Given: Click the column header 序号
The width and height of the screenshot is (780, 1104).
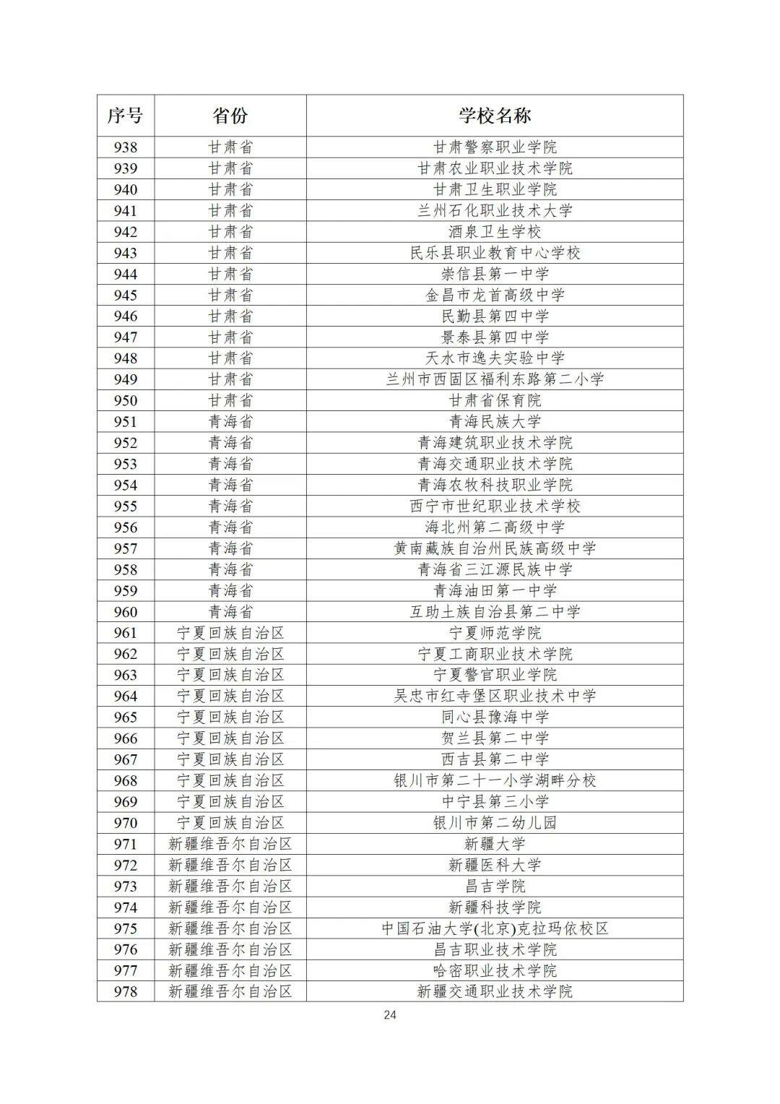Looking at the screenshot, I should click(x=126, y=116).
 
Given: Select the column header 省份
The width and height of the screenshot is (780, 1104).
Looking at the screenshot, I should click(x=230, y=116).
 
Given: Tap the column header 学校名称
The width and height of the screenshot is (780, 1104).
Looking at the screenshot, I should click(x=495, y=116).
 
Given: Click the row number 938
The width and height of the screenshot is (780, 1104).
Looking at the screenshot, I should click(x=126, y=147).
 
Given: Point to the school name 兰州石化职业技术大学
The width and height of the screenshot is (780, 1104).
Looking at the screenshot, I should click(x=495, y=210).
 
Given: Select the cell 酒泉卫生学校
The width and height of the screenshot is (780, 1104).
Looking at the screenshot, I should click(x=495, y=232).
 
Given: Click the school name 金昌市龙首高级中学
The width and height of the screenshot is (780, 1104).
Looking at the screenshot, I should click(x=495, y=295).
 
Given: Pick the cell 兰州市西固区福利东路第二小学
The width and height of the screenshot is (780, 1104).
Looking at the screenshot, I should click(x=495, y=379).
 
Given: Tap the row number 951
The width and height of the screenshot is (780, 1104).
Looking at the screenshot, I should click(x=126, y=421).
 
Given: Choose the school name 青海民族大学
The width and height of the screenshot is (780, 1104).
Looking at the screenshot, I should click(x=495, y=421).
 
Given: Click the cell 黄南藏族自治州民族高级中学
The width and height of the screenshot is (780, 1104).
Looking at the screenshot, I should click(x=495, y=548).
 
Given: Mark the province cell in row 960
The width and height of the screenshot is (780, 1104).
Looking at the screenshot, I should click(x=230, y=611).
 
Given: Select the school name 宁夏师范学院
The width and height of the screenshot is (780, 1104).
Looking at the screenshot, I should click(x=495, y=633).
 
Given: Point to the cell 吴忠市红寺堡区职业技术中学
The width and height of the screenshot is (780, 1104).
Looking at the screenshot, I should click(x=495, y=696).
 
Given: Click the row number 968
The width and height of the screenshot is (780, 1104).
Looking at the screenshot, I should click(x=126, y=780).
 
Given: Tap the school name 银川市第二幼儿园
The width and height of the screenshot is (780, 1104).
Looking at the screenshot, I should click(x=495, y=822).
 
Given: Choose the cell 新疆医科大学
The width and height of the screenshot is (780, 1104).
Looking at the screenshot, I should click(x=495, y=865).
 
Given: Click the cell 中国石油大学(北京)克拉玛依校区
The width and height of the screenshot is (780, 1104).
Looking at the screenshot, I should click(x=495, y=928).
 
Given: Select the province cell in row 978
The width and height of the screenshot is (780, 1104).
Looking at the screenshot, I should click(x=230, y=991).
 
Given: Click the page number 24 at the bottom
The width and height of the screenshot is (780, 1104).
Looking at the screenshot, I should click(x=390, y=1014).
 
